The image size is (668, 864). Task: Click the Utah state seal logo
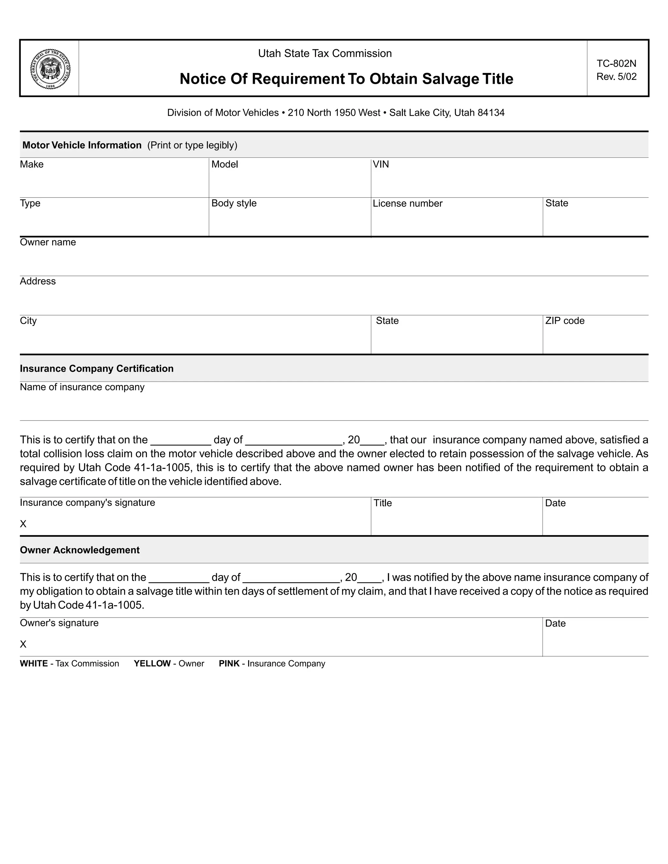[50, 69]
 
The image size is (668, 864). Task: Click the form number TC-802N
[616, 63]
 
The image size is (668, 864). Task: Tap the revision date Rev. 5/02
[616, 77]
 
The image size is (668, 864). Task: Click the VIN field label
[381, 164]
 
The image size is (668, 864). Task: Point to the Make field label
[32, 164]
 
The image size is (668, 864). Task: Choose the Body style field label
[234, 203]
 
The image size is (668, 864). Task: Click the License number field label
[407, 203]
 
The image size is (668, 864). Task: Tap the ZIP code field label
[564, 321]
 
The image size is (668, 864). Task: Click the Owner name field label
[48, 242]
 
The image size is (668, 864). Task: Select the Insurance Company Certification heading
[97, 369]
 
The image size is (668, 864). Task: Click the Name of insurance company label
[82, 387]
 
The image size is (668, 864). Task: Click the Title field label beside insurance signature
[382, 503]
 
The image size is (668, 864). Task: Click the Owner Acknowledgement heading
[80, 550]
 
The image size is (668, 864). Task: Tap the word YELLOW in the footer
[152, 664]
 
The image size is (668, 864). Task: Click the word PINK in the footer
[229, 664]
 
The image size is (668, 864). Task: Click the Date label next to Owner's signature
[555, 623]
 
